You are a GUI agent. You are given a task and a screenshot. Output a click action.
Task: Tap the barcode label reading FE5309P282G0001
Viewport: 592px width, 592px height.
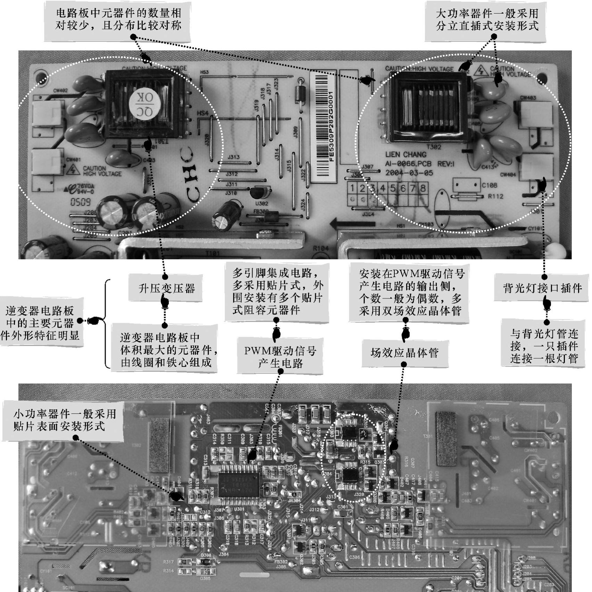pos(323,127)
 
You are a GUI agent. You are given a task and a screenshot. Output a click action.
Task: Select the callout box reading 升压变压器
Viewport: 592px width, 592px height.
pos(166,288)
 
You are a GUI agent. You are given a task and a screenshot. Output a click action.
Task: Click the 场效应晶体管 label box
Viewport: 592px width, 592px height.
pos(405,353)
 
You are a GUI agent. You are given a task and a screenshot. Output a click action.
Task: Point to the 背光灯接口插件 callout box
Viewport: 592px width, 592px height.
pos(542,288)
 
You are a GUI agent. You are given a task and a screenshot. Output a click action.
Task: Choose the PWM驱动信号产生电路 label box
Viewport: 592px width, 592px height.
pos(280,357)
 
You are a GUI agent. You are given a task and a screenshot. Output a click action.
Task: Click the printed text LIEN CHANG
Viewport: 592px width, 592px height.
pos(405,155)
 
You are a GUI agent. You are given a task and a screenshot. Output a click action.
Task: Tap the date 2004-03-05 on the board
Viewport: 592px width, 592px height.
pos(409,173)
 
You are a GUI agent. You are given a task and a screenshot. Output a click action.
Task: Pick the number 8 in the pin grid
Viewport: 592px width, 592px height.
pos(422,188)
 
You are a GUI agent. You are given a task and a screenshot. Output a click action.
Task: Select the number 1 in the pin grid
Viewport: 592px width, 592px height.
pos(352,188)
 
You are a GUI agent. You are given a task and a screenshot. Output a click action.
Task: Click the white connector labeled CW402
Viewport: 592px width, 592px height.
pos(47,114)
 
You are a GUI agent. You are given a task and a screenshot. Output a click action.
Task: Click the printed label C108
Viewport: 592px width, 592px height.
pos(489,185)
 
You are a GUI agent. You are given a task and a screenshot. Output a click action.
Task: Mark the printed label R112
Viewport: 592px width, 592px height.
pos(495,196)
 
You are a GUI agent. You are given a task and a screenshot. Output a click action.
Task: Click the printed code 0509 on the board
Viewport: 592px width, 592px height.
pos(80,202)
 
